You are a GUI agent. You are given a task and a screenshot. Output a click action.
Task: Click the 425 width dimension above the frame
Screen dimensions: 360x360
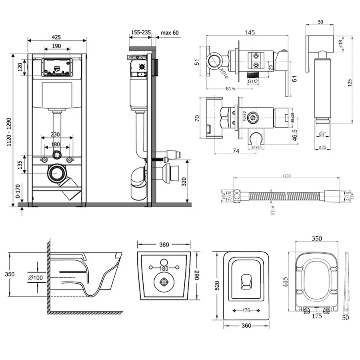(x=56, y=36)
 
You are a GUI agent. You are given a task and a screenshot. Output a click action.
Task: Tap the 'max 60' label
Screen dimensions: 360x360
(x=170, y=32)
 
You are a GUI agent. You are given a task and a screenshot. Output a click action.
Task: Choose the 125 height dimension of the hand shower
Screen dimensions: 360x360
(x=349, y=82)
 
